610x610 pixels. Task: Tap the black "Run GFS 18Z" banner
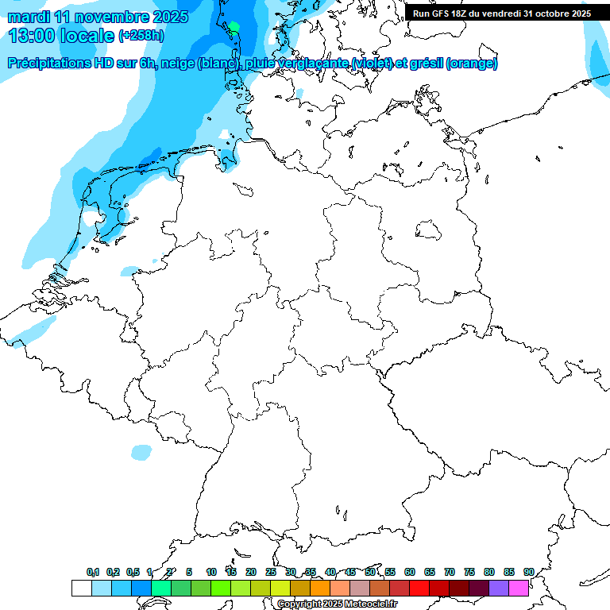[502, 14]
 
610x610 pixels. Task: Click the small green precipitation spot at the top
[234, 27]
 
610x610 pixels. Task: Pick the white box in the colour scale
[81, 588]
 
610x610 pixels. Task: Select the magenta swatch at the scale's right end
[519, 588]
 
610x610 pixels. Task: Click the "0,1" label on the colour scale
[93, 572]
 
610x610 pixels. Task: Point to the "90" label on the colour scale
[528, 572]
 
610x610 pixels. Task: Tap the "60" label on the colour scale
[410, 572]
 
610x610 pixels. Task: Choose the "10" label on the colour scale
[211, 572]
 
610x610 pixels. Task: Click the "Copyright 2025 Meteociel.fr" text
[337, 604]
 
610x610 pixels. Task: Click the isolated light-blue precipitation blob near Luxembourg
[141, 452]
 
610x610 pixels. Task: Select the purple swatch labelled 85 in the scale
[499, 588]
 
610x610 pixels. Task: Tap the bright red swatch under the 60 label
[419, 588]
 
